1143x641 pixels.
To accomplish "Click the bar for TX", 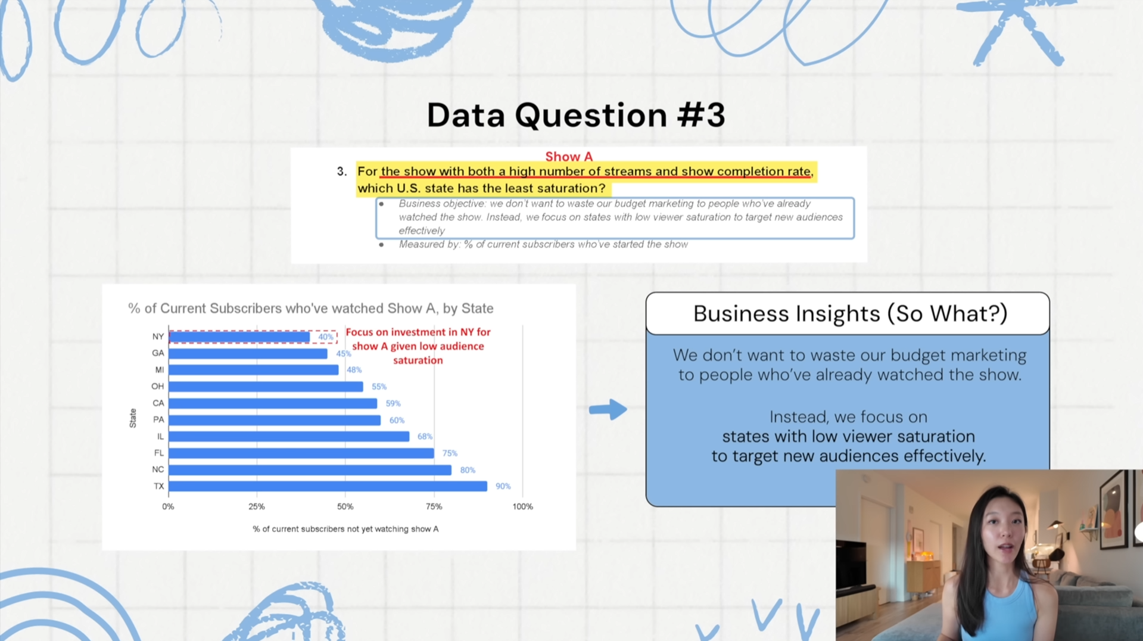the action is (328, 486).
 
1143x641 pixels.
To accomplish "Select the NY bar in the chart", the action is (239, 337).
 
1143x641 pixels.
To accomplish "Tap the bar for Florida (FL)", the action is (301, 453).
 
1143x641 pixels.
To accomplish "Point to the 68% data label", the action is (425, 437).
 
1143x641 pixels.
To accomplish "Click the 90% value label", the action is (503, 486).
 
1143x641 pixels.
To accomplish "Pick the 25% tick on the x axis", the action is (257, 506).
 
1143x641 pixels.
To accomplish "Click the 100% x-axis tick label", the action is (522, 506).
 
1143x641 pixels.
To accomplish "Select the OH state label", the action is (157, 387).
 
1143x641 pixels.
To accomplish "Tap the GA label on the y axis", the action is (158, 353).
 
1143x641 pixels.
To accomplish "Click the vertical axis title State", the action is (133, 418).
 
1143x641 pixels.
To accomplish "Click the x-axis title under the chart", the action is (345, 529).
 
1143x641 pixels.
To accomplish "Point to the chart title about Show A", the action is (311, 309).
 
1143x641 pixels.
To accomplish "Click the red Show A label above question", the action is (569, 157).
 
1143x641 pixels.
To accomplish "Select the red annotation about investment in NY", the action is (418, 346).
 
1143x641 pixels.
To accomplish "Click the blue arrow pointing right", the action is (608, 409).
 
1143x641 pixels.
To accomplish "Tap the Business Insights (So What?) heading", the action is (850, 314).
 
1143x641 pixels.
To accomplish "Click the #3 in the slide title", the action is (701, 115).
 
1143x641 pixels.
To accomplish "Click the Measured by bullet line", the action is (543, 244).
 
